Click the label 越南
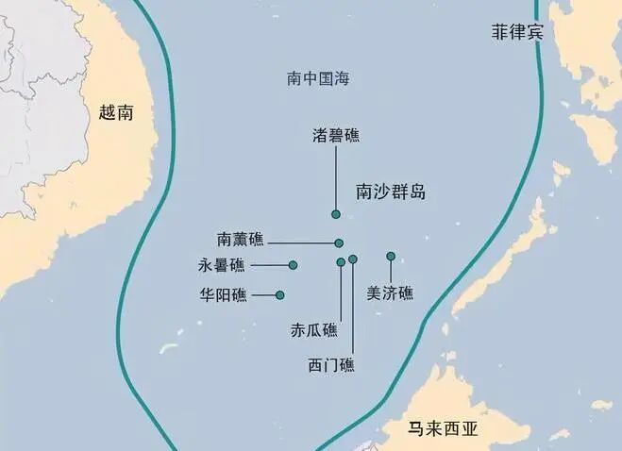tap(116, 113)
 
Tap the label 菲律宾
tap(517, 32)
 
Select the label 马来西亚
tap(443, 428)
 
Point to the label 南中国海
tap(318, 78)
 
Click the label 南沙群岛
tap(391, 192)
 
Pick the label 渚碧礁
tap(336, 136)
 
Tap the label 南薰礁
tap(241, 240)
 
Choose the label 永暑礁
tap(221, 265)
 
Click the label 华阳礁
tap(223, 295)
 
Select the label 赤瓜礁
tap(313, 330)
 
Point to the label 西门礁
tap(331, 365)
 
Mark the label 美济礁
tap(390, 293)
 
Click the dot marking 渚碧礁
tap(335, 214)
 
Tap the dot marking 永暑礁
tap(293, 265)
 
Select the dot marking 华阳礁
tap(280, 295)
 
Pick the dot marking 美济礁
tap(391, 256)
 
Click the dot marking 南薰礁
tap(339, 242)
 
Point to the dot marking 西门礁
tap(353, 259)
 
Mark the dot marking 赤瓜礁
tap(341, 261)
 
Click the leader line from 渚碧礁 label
tap(335, 179)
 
